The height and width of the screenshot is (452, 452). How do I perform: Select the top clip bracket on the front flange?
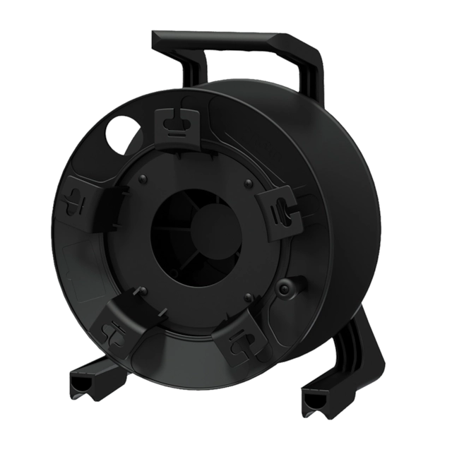(178, 124)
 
